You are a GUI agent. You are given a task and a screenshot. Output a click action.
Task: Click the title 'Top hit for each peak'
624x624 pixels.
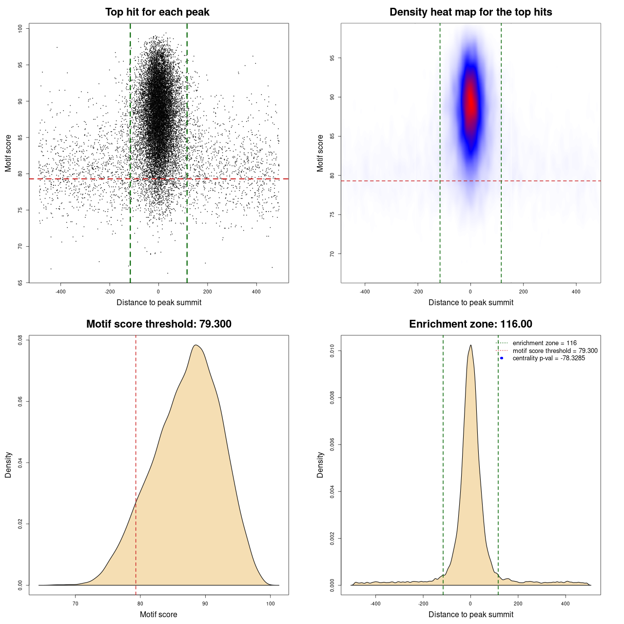point(157,12)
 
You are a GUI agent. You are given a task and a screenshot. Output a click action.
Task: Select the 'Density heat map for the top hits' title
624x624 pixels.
point(470,12)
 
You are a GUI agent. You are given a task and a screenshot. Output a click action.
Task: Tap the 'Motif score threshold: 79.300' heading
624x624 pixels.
point(158,324)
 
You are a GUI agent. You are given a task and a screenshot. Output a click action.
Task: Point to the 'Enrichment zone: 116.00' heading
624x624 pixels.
point(470,324)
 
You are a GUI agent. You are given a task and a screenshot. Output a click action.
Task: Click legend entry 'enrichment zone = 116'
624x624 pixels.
point(545,343)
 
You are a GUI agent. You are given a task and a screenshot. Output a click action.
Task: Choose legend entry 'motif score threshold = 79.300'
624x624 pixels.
point(555,351)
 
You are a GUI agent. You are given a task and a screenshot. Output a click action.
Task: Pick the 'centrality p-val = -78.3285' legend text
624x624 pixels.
point(548,358)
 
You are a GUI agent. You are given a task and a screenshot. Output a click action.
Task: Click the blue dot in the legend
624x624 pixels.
point(502,358)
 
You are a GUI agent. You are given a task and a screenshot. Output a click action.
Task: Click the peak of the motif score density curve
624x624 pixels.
point(195,345)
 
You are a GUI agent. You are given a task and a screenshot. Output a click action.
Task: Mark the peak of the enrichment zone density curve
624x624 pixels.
point(470,345)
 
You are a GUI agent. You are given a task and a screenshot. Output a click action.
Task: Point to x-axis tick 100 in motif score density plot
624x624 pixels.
point(271,604)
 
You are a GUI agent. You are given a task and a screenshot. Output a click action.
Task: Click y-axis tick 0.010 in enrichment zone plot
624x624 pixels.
point(332,351)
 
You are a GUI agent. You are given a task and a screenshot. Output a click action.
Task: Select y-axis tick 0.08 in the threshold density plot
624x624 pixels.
point(20,340)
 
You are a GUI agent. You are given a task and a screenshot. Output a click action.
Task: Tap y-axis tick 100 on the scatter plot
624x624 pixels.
point(20,29)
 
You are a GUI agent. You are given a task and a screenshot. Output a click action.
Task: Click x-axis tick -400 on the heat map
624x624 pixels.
point(365,292)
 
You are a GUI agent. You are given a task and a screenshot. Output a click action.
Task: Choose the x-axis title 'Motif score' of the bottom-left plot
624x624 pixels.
point(158,614)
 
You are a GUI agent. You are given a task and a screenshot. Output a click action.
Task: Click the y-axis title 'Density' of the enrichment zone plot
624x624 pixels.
point(320,465)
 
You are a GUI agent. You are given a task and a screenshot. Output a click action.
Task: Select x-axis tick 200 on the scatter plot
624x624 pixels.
point(207,292)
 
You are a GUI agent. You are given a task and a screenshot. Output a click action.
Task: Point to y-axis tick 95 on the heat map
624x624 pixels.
point(332,58)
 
